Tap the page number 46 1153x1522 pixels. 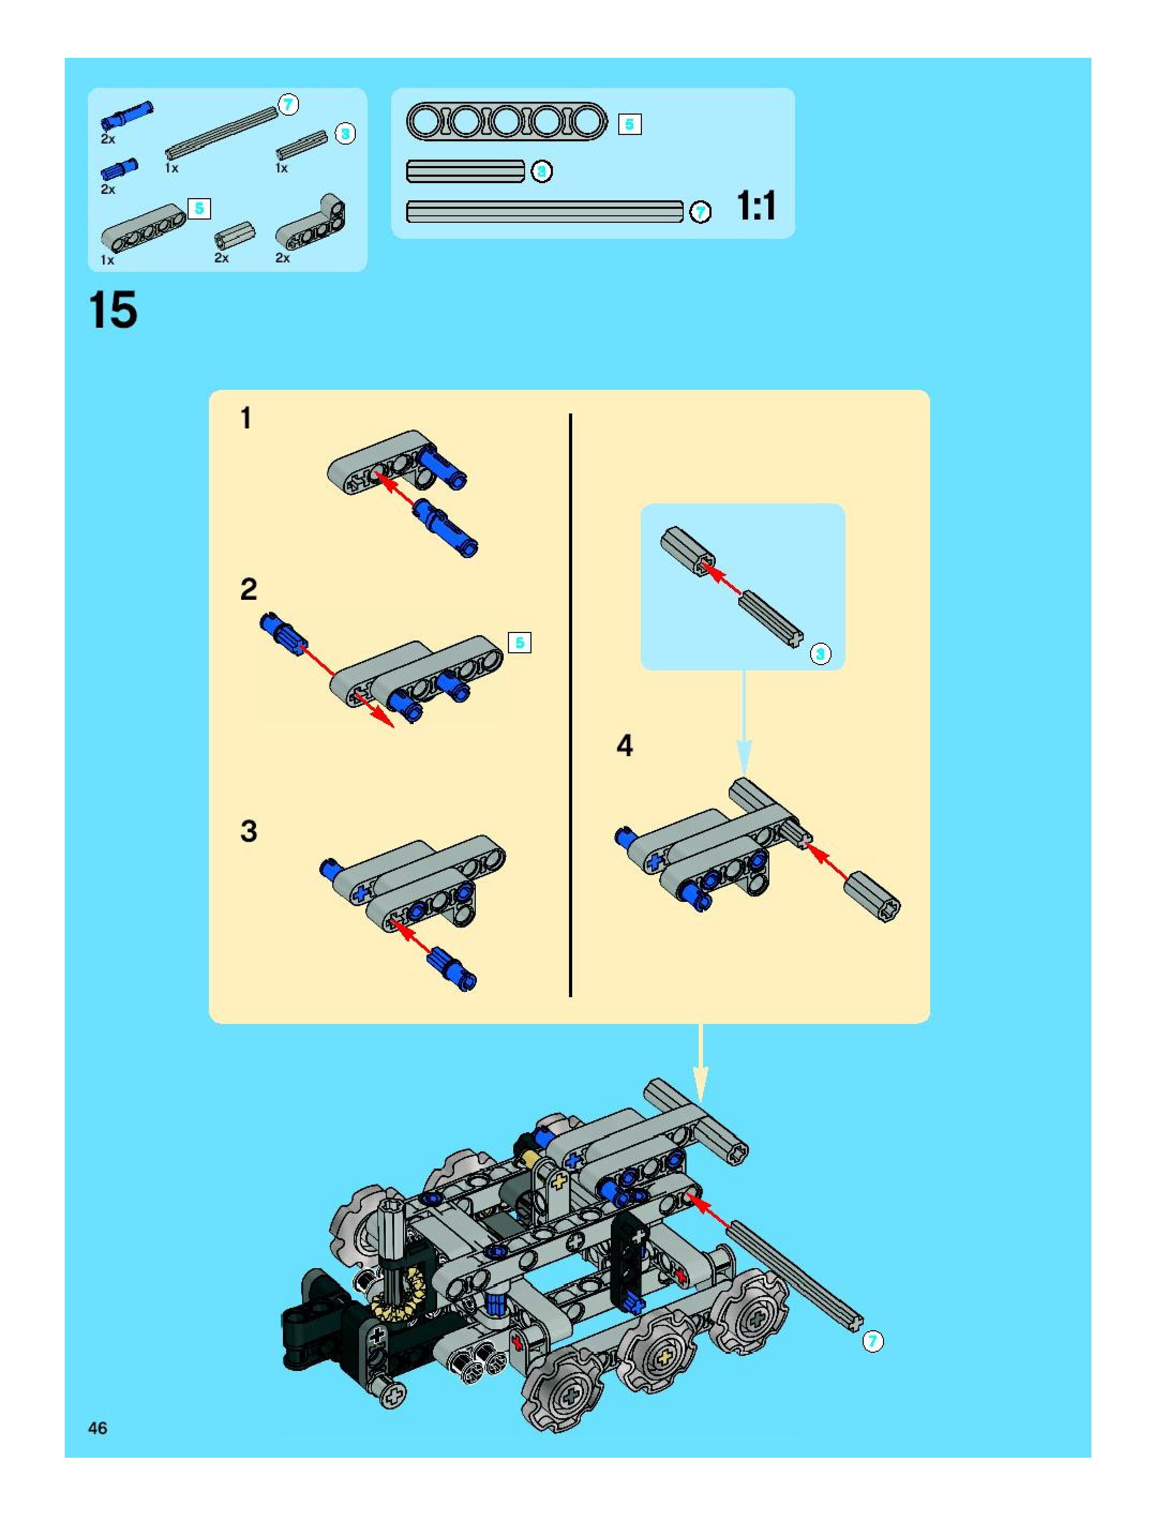click(x=98, y=1428)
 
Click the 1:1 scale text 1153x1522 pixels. click(x=757, y=205)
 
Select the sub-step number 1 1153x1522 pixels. click(x=246, y=418)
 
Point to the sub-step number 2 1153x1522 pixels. click(x=249, y=589)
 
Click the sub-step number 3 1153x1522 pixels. click(x=249, y=831)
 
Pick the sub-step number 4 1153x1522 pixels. click(x=624, y=746)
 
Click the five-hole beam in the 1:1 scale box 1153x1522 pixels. click(x=507, y=122)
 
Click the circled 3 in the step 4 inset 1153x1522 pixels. click(x=820, y=654)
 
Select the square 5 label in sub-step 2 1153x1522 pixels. click(x=520, y=643)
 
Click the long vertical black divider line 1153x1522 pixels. click(x=571, y=705)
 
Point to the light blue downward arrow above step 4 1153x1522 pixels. click(x=744, y=723)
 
